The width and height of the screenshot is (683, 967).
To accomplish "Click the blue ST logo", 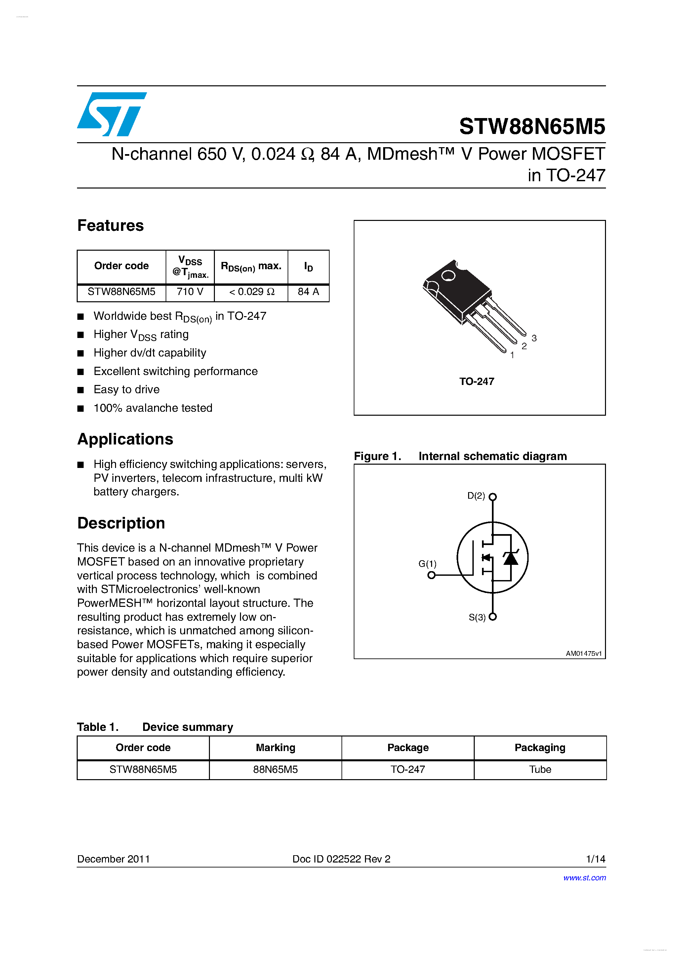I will click(x=112, y=114).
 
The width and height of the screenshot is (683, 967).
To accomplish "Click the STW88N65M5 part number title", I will click(x=532, y=126).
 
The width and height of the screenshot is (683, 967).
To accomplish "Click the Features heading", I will click(x=110, y=226).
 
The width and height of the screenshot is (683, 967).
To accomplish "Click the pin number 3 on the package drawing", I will click(x=534, y=338).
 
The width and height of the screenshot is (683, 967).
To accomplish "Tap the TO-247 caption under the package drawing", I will click(x=476, y=382).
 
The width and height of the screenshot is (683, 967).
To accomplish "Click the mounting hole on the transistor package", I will click(x=448, y=276).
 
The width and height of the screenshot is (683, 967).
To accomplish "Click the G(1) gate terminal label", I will click(x=427, y=564).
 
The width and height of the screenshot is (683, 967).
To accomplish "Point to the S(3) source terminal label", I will click(x=477, y=617).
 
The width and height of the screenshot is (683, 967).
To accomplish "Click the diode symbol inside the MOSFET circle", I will click(x=511, y=559).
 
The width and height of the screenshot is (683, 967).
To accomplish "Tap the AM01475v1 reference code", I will click(x=583, y=654).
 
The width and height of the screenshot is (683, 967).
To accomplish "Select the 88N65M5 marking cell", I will click(x=275, y=770).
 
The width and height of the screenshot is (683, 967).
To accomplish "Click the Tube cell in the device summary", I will click(x=540, y=770).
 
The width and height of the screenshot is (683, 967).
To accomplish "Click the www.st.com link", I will click(x=584, y=878).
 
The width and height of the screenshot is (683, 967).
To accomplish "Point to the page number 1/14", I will click(x=595, y=859).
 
